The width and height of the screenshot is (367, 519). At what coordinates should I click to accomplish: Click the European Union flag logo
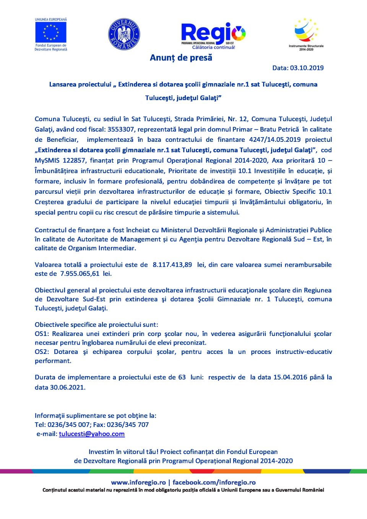51,32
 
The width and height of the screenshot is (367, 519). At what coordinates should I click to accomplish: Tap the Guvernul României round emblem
124,34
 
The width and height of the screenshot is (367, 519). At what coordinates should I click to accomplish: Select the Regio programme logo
213,35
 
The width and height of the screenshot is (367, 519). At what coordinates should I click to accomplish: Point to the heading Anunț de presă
181,58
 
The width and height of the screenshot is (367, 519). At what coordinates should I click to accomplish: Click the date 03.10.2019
307,68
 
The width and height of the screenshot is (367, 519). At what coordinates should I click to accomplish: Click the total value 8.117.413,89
172,265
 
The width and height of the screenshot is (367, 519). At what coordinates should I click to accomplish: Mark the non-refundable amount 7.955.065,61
80,274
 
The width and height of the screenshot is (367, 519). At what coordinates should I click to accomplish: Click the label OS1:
42,334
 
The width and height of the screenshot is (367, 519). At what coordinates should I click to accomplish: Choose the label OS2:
42,352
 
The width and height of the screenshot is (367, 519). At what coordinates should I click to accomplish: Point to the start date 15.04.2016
290,377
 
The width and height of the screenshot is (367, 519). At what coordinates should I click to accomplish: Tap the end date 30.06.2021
67,388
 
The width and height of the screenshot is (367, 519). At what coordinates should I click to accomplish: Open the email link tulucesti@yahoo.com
92,434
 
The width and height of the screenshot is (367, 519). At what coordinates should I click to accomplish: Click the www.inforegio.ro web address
138,483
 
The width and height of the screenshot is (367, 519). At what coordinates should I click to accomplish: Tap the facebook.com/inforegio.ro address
214,483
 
